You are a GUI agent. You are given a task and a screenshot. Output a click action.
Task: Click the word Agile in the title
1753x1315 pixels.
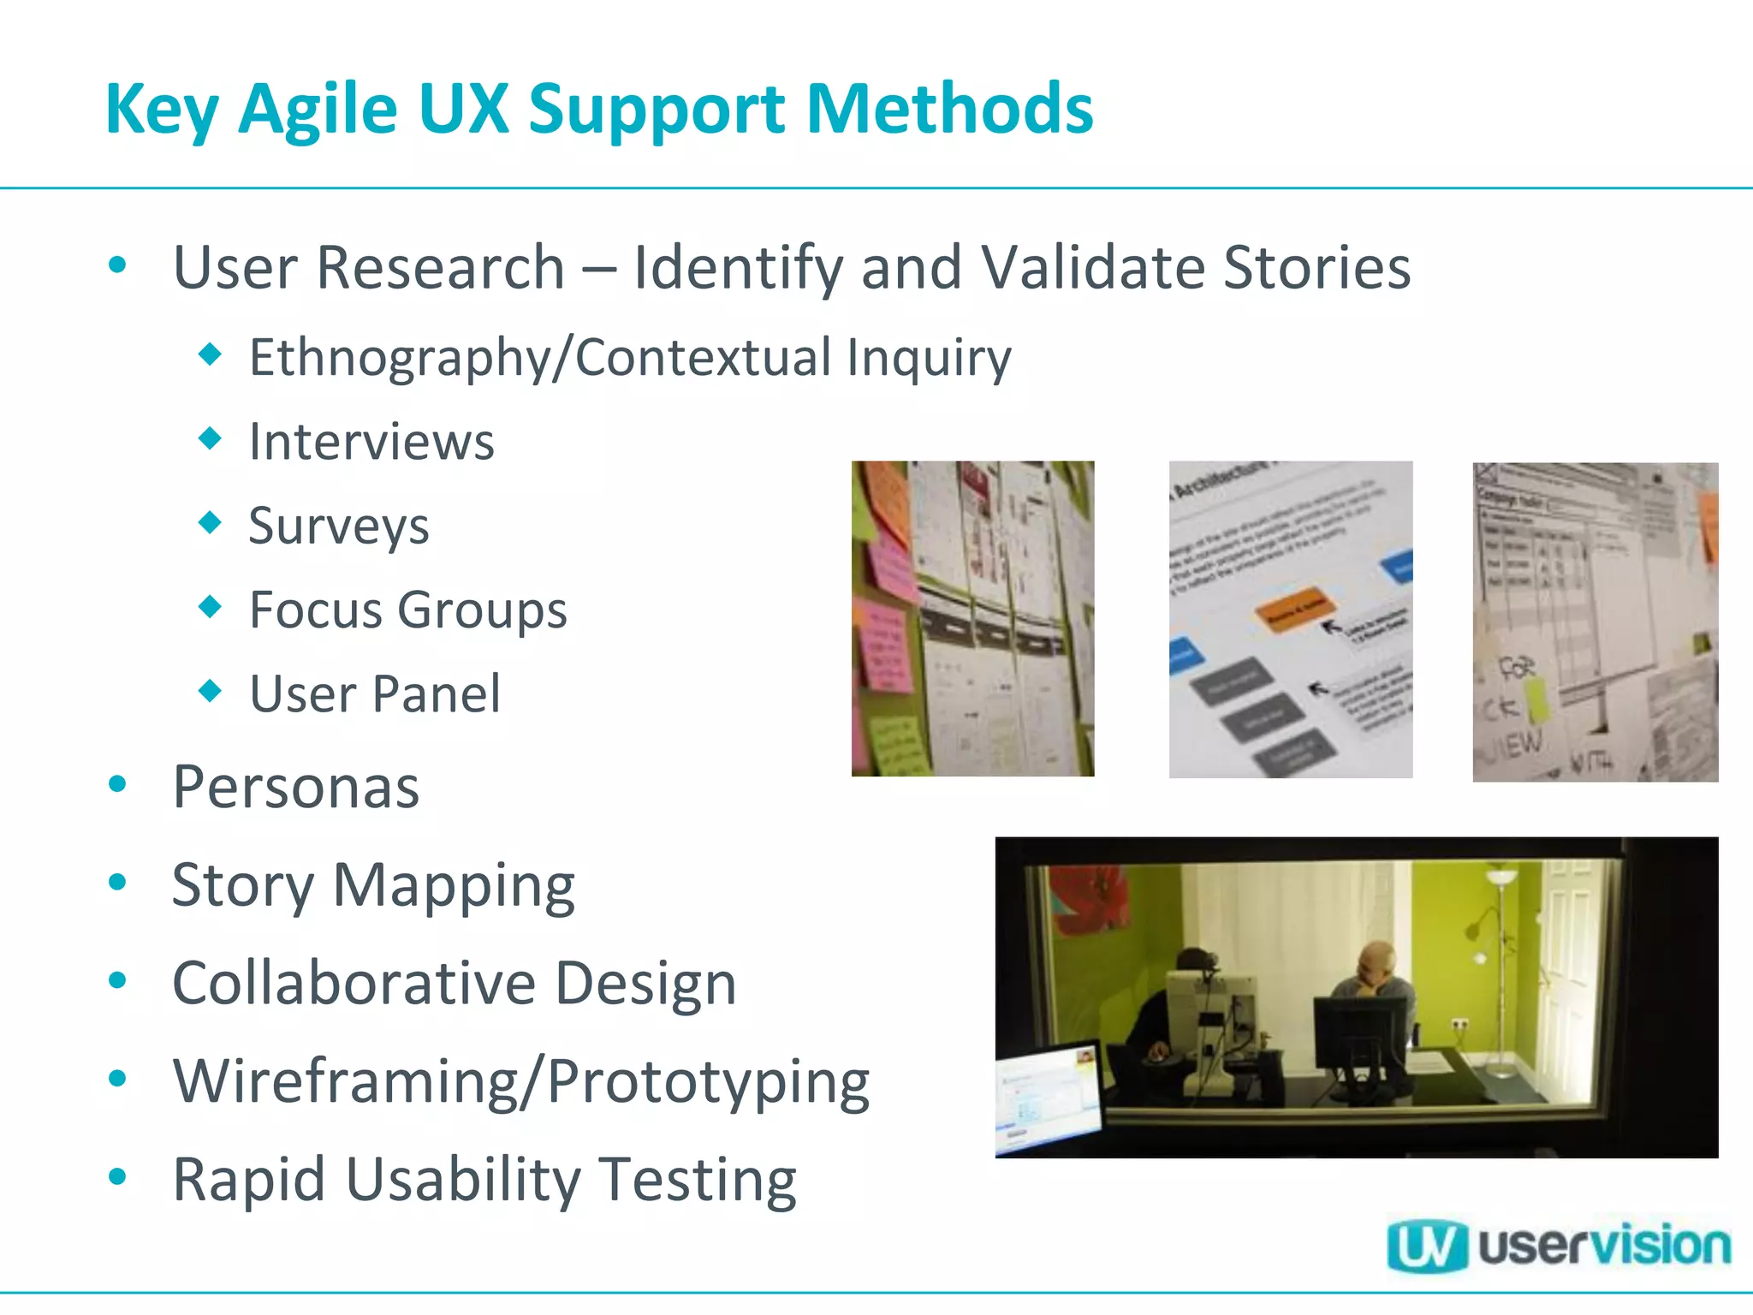(318, 110)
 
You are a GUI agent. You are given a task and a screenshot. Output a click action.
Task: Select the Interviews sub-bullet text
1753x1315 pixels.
(371, 442)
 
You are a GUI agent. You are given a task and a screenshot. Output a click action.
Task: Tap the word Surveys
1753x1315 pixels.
(339, 526)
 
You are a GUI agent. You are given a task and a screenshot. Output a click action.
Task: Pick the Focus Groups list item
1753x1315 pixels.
(408, 610)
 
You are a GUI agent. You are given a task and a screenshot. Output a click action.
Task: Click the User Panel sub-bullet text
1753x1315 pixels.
(375, 693)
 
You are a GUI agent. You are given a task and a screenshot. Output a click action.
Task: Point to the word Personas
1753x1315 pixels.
(296, 787)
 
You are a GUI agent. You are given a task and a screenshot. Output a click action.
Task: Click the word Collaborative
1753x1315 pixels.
(354, 983)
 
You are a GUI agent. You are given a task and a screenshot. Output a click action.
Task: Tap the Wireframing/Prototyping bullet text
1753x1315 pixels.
(520, 1081)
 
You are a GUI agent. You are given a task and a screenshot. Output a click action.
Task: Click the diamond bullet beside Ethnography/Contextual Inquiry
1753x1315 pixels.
(210, 354)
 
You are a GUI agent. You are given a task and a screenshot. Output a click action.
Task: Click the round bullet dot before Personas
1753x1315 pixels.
(118, 784)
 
